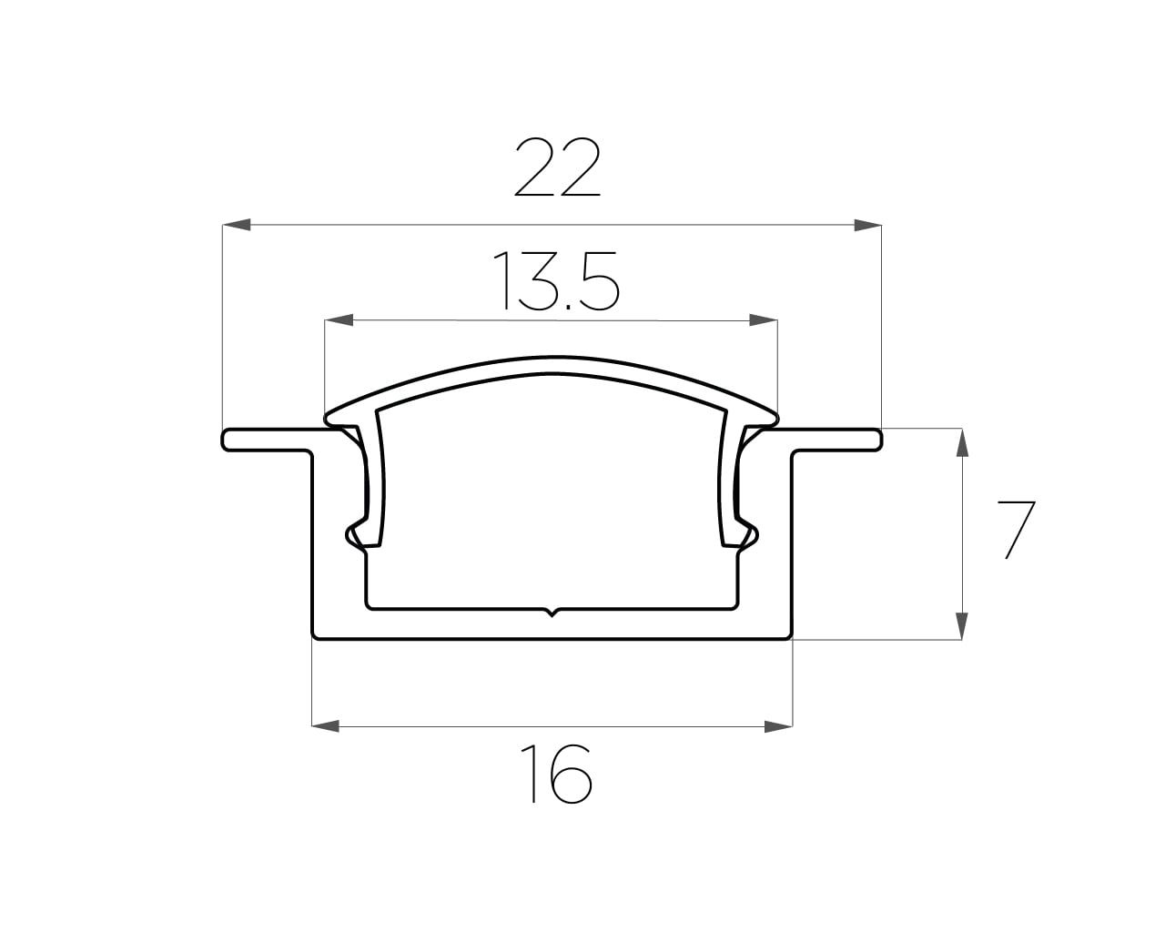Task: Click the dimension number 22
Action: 557,167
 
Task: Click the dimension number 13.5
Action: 555,281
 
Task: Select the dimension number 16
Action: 556,775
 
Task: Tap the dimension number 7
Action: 1016,531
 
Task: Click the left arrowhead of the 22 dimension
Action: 237,225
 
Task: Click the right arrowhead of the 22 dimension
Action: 867,225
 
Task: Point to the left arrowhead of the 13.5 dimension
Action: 339,320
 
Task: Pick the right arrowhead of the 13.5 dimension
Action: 764,320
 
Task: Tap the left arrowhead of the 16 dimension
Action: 326,726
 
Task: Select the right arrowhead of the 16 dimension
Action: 778,726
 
